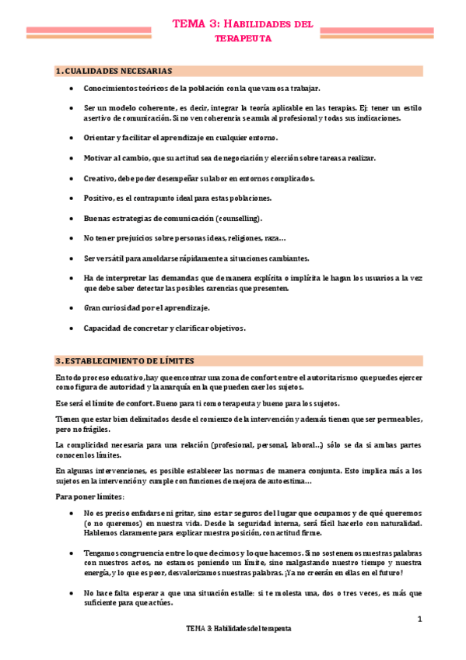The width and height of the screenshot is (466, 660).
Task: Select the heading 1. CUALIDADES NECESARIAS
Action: [114, 72]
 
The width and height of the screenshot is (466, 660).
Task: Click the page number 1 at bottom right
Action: [419, 619]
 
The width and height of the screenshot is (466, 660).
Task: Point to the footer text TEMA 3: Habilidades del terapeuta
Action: [238, 628]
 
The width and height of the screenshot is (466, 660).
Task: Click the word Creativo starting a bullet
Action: [99, 178]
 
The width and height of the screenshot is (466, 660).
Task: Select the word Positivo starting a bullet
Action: [98, 198]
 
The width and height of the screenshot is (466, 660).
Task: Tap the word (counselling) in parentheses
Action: [237, 218]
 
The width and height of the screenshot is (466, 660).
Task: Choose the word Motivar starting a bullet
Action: [98, 158]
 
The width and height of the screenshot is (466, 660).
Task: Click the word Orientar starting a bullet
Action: [100, 138]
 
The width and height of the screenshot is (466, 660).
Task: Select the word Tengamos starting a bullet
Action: [103, 552]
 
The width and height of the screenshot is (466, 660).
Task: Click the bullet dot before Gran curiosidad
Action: [72, 308]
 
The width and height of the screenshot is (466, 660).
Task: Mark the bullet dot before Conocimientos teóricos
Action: [72, 88]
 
